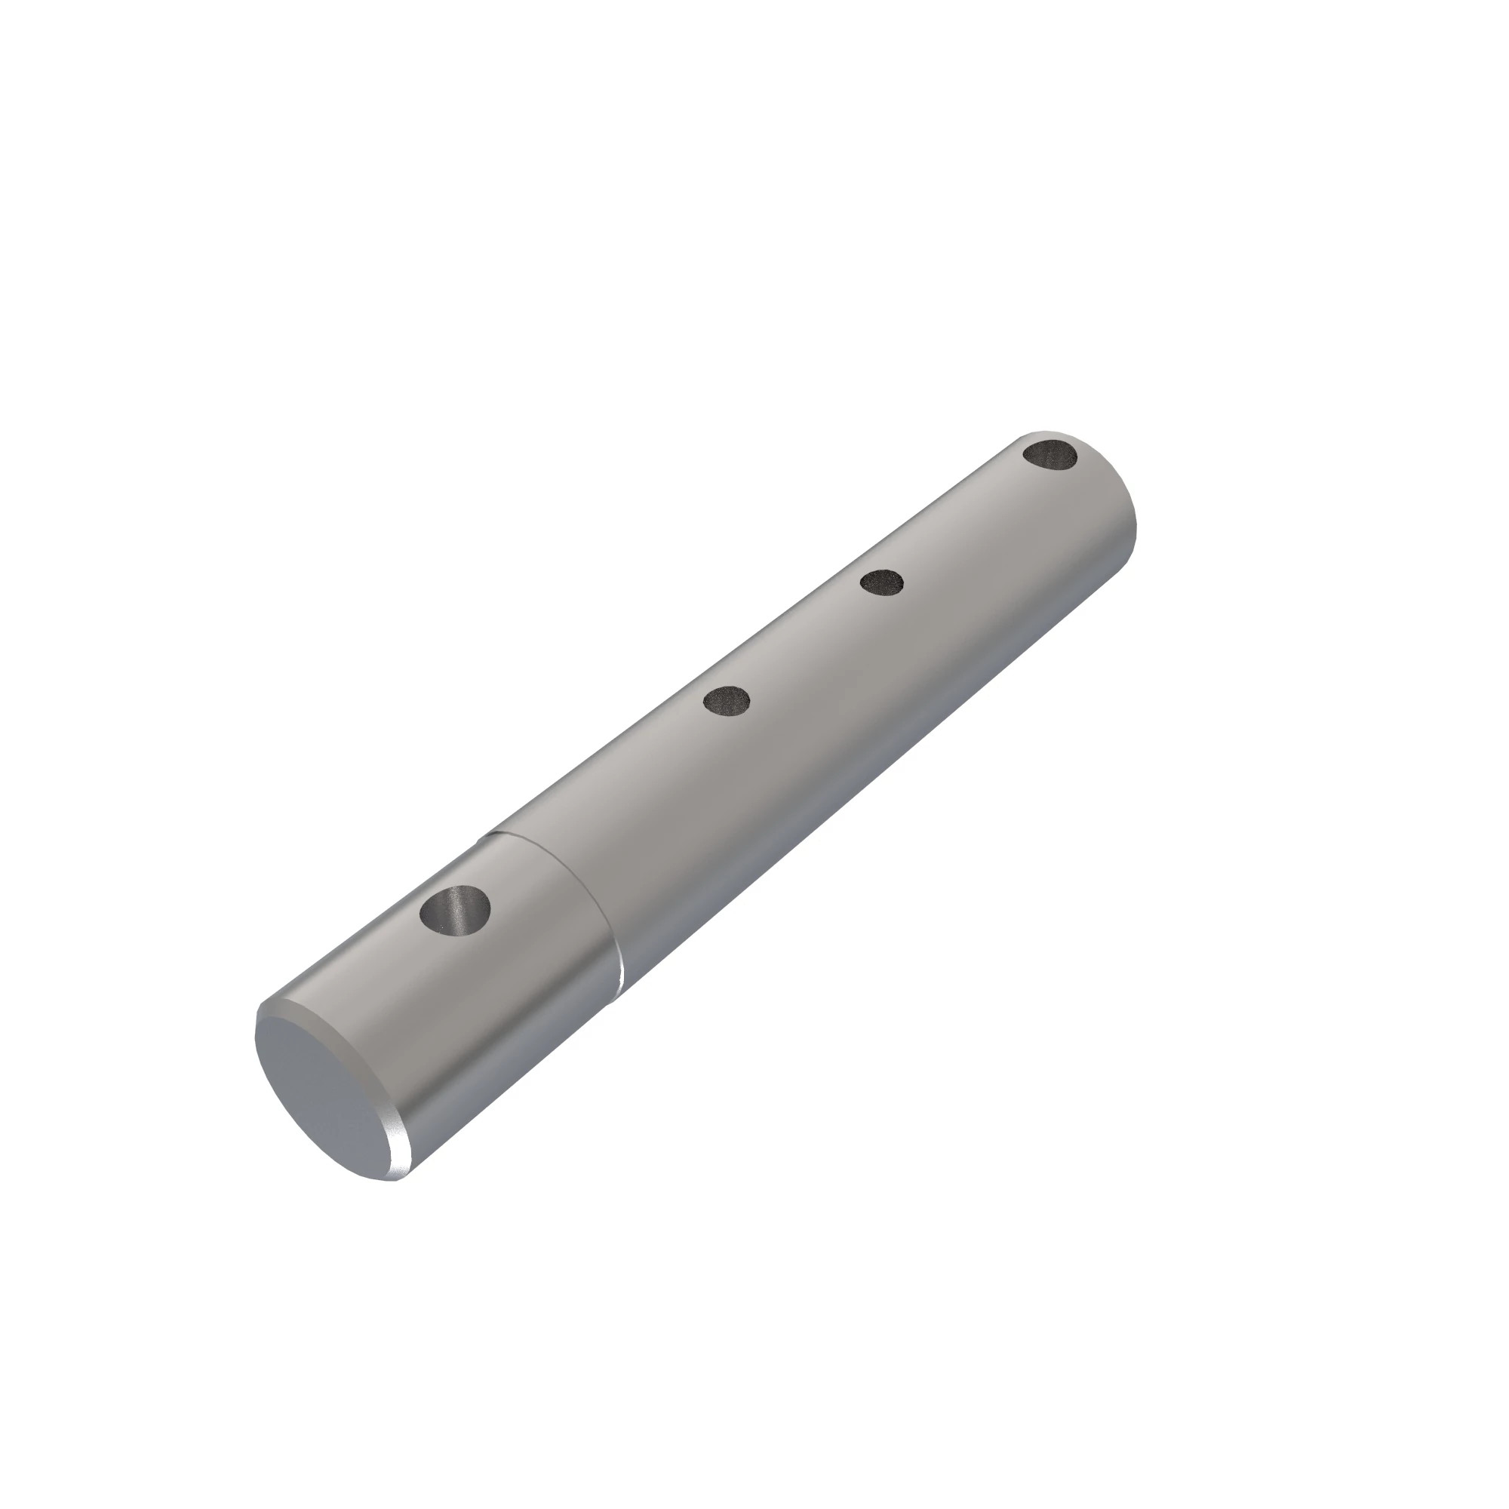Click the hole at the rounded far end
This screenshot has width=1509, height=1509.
pyautogui.click(x=1050, y=454)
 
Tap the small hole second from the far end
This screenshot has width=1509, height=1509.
pyautogui.click(x=882, y=582)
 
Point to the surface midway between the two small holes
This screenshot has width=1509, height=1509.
pyautogui.click(x=804, y=641)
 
